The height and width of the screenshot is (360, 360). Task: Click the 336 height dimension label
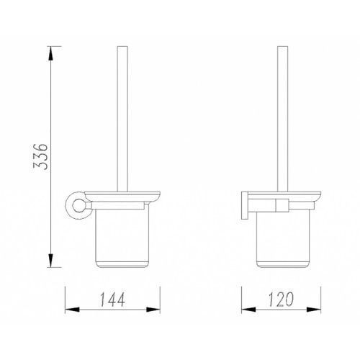tap(40, 157)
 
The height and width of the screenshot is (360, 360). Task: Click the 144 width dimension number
tap(112, 300)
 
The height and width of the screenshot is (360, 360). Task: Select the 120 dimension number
tap(281, 300)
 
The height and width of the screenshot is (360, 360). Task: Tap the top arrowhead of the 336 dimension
tap(50, 53)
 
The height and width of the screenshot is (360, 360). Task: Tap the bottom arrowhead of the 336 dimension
tap(50, 260)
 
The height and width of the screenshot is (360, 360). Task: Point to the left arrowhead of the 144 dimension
tap(72, 310)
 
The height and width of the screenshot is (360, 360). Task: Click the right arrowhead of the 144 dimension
tap(153, 310)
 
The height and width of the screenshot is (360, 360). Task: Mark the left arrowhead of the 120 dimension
tap(248, 310)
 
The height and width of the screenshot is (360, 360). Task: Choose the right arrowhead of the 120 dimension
tap(314, 310)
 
